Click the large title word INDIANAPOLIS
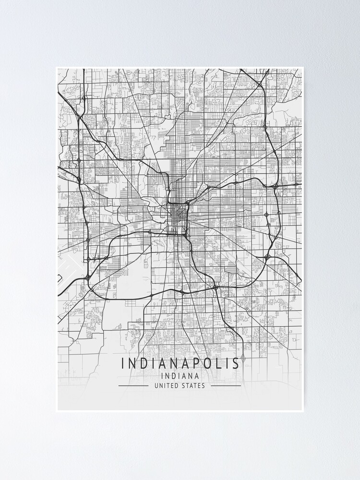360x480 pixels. (x=180, y=363)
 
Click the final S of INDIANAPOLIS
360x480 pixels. (x=235, y=363)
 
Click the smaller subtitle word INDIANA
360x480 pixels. (x=180, y=376)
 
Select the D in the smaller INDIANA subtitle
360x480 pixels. (x=172, y=376)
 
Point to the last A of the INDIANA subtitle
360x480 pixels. (x=196, y=376)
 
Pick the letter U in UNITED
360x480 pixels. (x=156, y=385)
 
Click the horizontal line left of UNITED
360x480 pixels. (x=133, y=385)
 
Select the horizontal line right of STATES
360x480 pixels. (x=226, y=385)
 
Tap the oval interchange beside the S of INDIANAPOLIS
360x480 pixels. (x=243, y=358)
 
